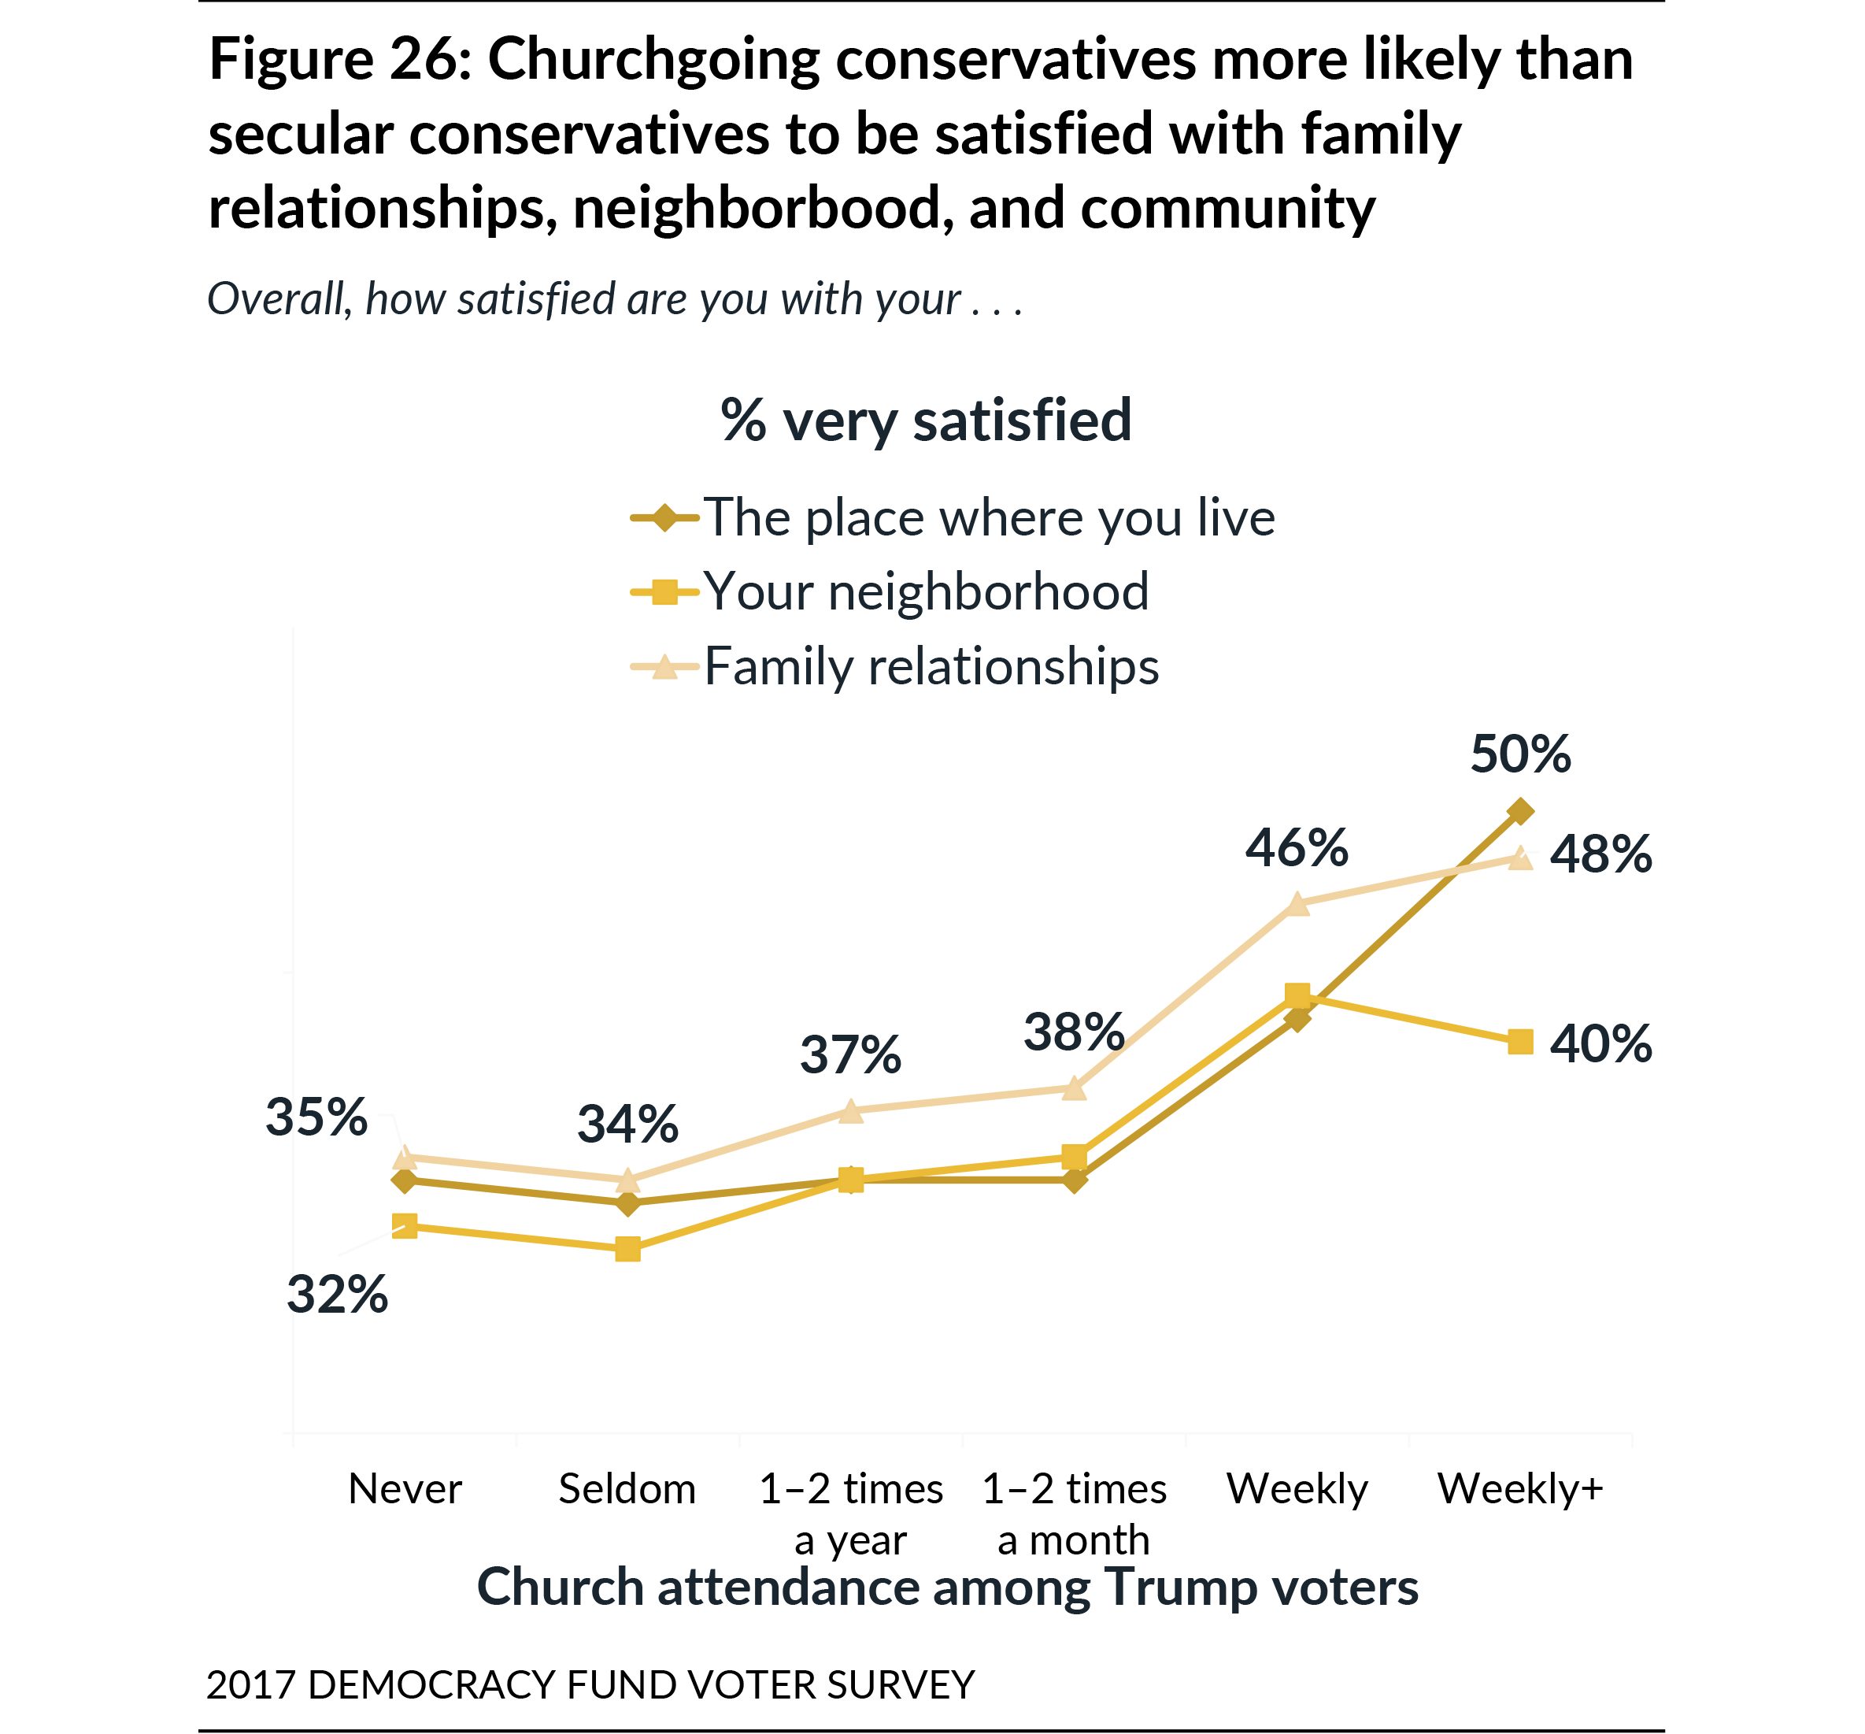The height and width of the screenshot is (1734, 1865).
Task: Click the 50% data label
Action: (x=1519, y=754)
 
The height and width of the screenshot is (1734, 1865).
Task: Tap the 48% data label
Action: (x=1600, y=855)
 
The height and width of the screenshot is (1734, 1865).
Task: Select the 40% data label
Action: (x=1600, y=1043)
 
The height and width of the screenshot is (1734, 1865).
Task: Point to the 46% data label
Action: (x=1296, y=848)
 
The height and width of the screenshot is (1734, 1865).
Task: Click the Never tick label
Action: (x=405, y=1489)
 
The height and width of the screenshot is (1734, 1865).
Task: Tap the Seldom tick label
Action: (x=627, y=1489)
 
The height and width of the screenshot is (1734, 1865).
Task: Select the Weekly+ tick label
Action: (x=1519, y=1489)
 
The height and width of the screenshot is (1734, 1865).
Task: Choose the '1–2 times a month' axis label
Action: (x=1073, y=1514)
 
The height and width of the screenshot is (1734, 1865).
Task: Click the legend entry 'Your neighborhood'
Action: (x=926, y=592)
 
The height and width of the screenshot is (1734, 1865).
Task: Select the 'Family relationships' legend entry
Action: (x=931, y=667)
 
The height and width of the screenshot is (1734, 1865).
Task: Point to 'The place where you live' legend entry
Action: (x=989, y=518)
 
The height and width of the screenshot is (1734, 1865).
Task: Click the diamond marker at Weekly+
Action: (x=1519, y=811)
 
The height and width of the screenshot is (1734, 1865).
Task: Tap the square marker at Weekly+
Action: (x=1519, y=1042)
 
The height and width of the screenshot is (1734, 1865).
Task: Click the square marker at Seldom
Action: (x=627, y=1249)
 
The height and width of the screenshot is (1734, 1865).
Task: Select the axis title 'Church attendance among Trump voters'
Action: (x=946, y=1588)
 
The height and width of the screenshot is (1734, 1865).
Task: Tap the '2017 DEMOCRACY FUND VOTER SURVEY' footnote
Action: (x=590, y=1684)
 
